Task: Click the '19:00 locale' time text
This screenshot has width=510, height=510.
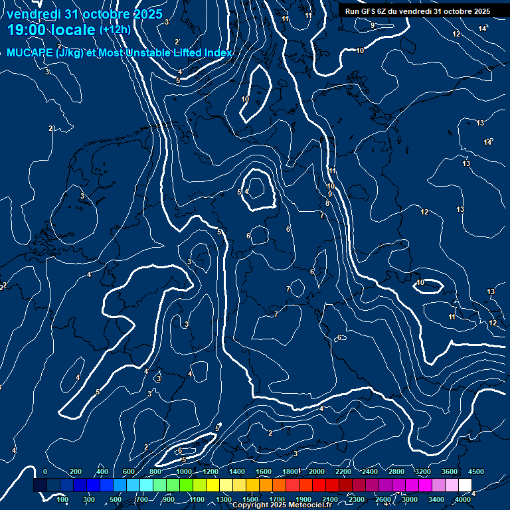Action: tap(52, 30)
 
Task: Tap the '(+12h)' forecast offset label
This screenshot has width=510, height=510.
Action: tap(115, 30)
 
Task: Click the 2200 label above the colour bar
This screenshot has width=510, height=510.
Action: tap(343, 471)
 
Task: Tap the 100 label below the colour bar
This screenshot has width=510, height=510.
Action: tap(62, 499)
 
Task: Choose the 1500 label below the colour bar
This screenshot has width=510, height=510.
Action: tap(250, 499)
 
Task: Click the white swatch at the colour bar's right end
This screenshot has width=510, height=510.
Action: tap(466, 485)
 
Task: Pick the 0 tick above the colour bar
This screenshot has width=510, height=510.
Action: tap(44, 471)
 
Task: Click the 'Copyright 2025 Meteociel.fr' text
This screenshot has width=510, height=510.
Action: tap(282, 505)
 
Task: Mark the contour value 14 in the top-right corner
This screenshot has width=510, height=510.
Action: tap(483, 29)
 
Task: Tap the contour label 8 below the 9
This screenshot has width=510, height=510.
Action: tap(327, 203)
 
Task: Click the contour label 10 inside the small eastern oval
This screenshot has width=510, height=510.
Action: tap(420, 283)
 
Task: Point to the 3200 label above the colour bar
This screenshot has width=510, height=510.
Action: tap(423, 471)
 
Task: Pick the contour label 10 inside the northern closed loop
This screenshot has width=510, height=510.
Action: tap(245, 99)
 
